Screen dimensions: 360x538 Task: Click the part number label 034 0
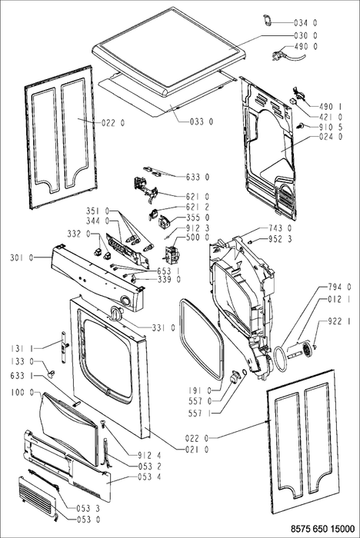[305, 23]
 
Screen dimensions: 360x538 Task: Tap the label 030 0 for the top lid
[305, 35]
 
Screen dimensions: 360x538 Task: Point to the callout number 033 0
[202, 121]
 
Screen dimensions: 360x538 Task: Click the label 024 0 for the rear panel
[331, 137]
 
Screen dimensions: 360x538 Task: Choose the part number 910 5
[331, 127]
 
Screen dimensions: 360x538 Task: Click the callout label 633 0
[198, 178]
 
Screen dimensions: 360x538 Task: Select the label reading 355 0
[198, 218]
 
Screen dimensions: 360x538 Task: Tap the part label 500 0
[198, 237]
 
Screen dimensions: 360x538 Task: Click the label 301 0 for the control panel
[22, 257]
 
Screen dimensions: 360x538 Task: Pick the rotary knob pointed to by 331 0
[115, 313]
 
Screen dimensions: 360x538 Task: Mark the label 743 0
[280, 228]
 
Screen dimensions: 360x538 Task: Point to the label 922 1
[339, 321]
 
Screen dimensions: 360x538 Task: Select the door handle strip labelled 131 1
[64, 347]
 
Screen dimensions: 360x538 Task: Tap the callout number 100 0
[22, 392]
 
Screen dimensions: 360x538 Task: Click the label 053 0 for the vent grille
[88, 520]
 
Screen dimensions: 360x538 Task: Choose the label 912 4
[149, 456]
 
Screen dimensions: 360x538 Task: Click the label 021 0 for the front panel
[197, 449]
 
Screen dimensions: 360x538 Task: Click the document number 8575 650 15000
[322, 529]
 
